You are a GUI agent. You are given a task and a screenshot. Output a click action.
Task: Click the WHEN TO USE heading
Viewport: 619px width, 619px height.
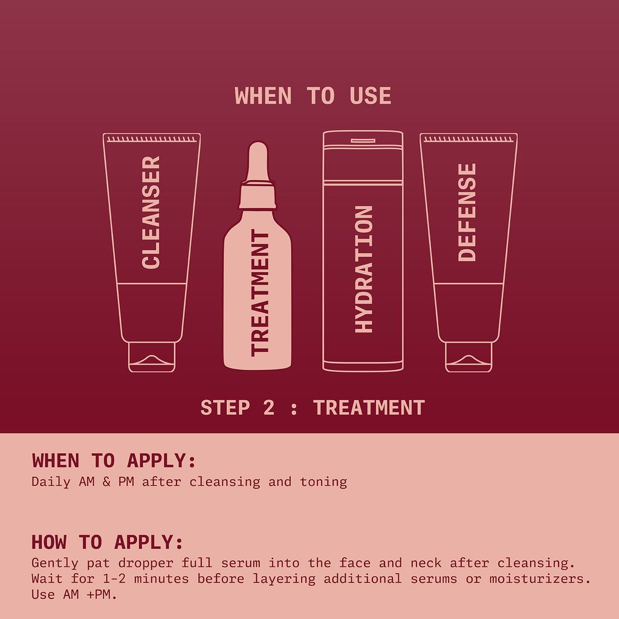[313, 96]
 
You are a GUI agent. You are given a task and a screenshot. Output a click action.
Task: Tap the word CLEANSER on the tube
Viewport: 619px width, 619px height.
[151, 212]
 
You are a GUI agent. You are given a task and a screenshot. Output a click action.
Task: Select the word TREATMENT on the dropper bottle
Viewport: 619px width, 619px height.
[259, 293]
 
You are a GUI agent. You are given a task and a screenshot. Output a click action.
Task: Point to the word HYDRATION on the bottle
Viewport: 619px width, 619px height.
[364, 269]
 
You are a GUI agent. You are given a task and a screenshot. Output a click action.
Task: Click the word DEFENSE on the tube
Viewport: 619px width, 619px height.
[467, 212]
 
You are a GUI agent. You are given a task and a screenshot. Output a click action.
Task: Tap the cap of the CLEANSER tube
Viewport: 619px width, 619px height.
[152, 357]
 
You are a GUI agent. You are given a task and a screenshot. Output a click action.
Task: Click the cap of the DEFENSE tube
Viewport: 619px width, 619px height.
[468, 357]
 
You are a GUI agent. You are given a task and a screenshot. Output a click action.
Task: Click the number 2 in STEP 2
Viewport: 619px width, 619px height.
[269, 407]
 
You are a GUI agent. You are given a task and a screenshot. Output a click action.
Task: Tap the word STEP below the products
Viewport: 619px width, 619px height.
[224, 407]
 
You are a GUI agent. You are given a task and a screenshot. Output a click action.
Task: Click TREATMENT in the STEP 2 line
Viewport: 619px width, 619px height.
[369, 407]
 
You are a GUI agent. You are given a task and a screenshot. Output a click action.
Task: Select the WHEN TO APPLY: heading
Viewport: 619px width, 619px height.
[114, 461]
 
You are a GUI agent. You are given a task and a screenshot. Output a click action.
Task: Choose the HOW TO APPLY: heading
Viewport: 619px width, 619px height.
[107, 542]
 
